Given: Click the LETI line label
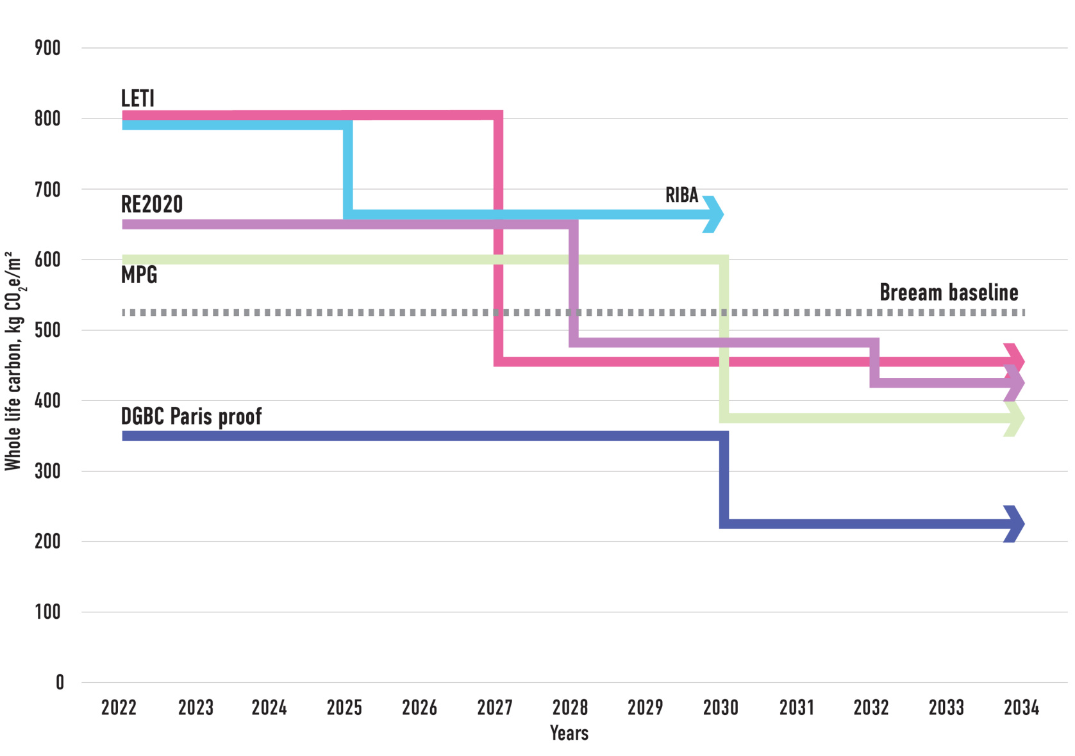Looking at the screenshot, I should (138, 98).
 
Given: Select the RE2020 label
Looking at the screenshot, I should (152, 204).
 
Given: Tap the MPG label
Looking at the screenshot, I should (139, 275).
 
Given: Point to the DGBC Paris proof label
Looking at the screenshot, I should (191, 416).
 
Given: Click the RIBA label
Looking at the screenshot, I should (681, 195).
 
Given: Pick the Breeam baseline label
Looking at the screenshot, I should (949, 293).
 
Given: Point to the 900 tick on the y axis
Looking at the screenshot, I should (48, 48).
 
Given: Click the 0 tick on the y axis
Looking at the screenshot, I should (60, 682).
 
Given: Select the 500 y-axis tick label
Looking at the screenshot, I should (48, 330).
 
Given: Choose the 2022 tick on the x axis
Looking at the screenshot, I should (119, 707).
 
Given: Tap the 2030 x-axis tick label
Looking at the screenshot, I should (721, 707).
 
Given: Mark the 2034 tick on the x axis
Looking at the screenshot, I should (1021, 707).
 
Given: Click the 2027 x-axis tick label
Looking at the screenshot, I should (495, 707).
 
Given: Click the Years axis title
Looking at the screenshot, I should (569, 733).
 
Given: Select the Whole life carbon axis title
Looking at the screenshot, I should (13, 362).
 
